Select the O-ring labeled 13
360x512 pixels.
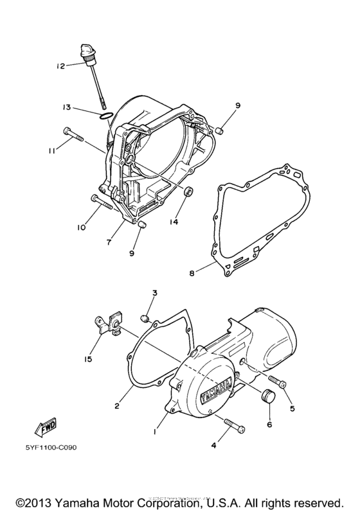pyautogui.click(x=107, y=116)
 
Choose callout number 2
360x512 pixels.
pyautogui.click(x=118, y=406)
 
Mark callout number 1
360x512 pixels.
pyautogui.click(x=154, y=433)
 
